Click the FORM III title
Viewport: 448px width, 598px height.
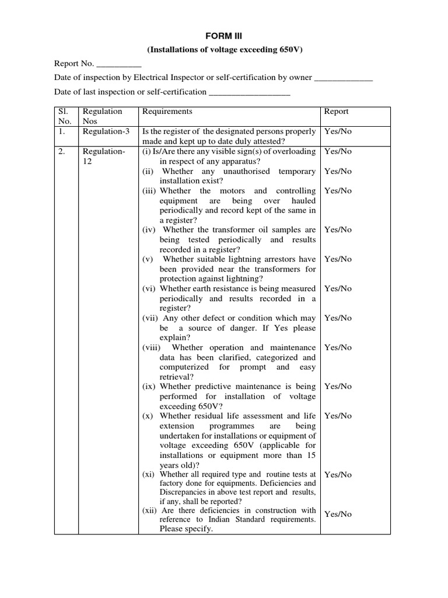pos(224,36)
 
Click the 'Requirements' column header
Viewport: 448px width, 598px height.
pos(167,112)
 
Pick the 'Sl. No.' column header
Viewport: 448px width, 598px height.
pos(64,116)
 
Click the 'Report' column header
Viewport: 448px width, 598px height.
pos(337,112)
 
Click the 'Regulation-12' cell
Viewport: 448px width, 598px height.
pos(104,156)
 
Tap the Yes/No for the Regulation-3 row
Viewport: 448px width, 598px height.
pos(338,131)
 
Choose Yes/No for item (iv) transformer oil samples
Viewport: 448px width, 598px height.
pos(338,230)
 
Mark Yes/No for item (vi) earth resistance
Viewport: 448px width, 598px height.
pos(338,288)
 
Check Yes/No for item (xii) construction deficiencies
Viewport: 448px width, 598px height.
pos(338,514)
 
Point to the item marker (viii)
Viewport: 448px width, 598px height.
pos(153,347)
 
